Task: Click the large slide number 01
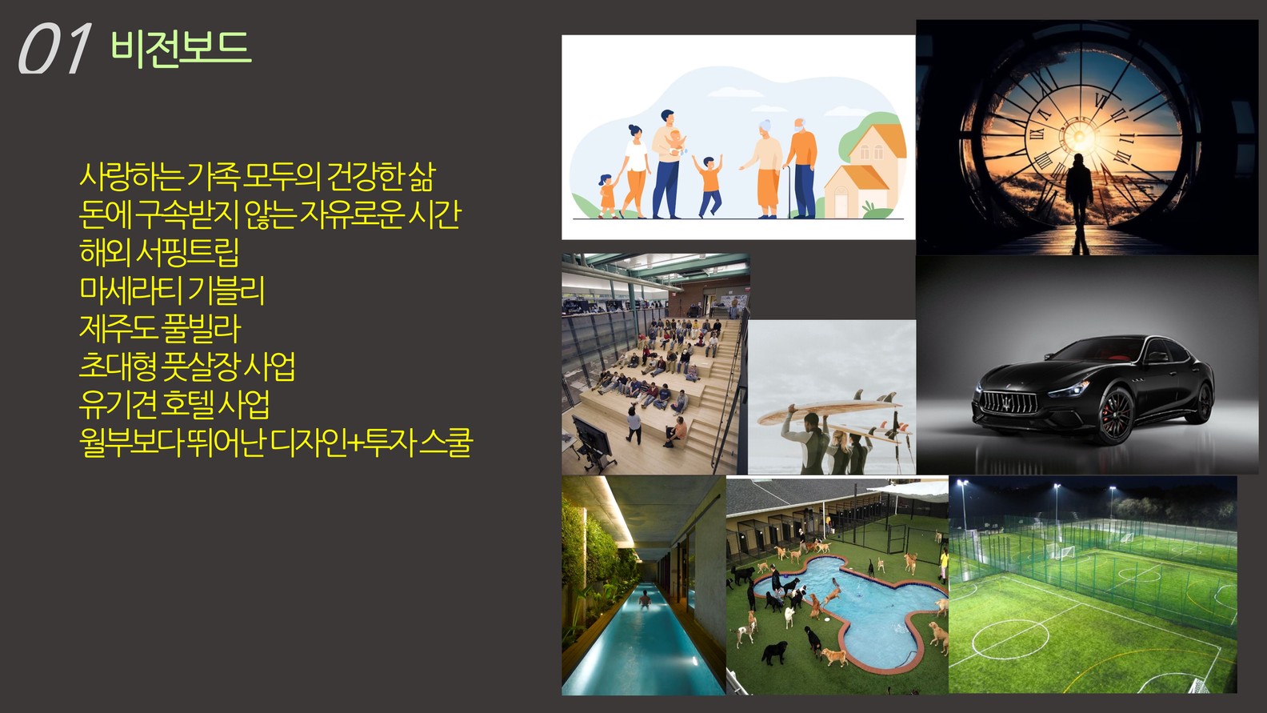[55, 49]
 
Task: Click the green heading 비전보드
[181, 48]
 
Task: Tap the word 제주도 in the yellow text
[117, 328]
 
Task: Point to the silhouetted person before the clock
[1079, 202]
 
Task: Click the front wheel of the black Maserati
[1115, 416]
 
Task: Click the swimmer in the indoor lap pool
[644, 598]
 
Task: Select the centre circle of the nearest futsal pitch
[1010, 639]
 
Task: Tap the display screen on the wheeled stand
[592, 435]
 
